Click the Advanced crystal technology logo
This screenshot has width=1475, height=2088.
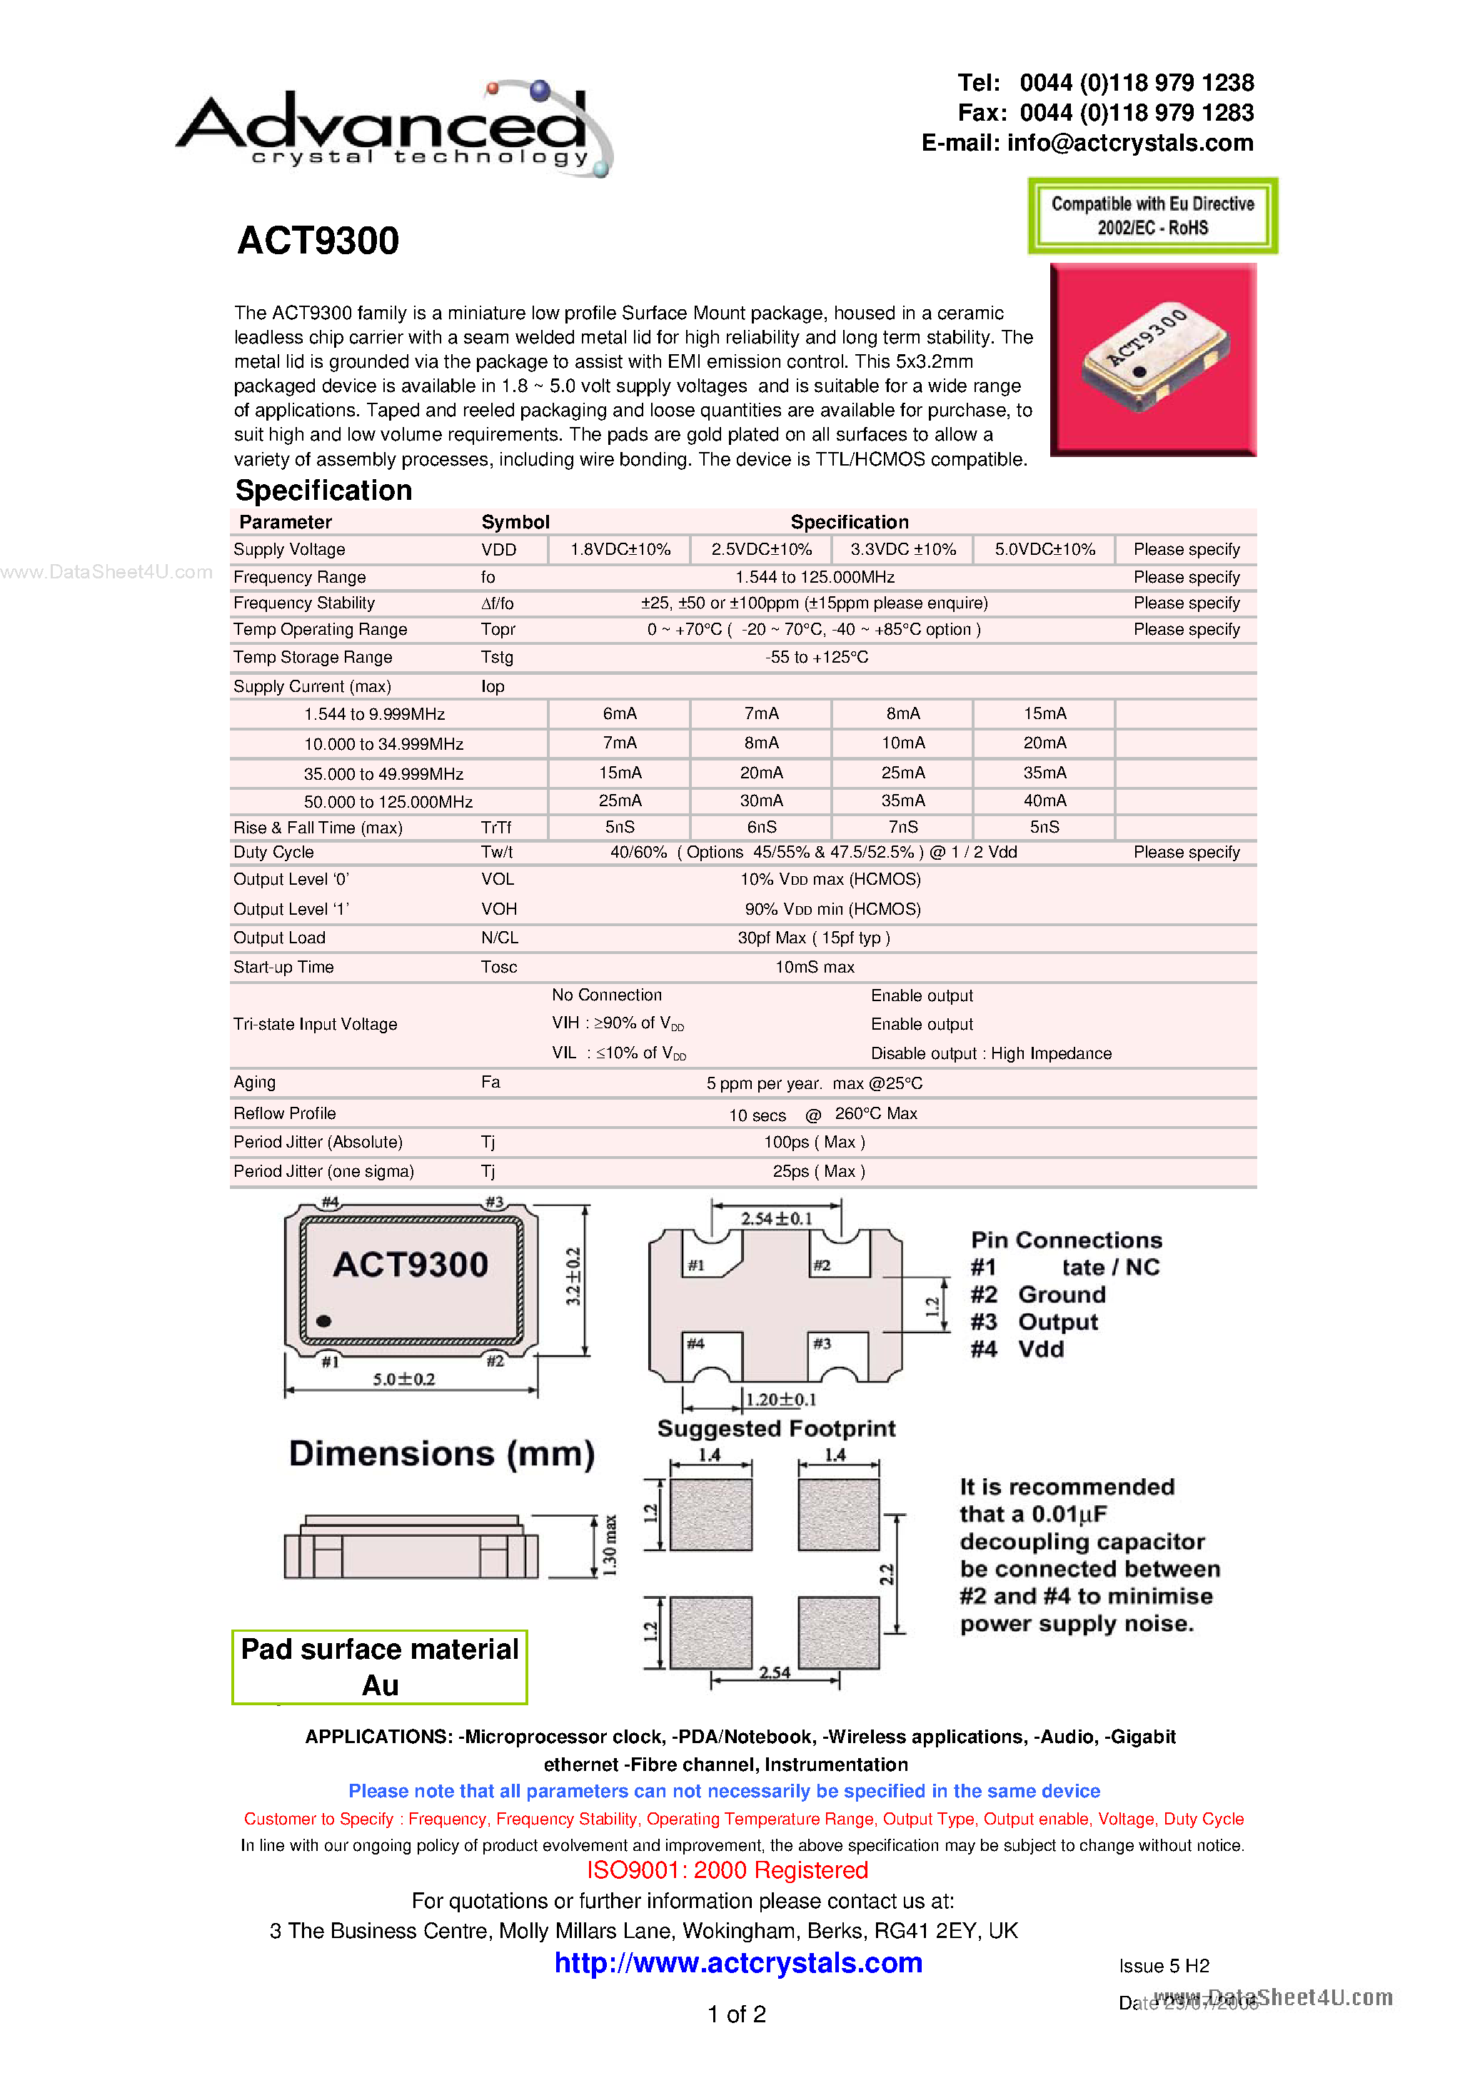[394, 130]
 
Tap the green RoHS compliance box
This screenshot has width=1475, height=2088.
[1152, 216]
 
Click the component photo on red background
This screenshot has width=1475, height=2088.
[1152, 359]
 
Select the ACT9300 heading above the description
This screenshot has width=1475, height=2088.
[318, 241]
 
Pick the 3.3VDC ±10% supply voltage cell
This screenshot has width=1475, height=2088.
[902, 549]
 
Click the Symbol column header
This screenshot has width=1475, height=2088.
[515, 522]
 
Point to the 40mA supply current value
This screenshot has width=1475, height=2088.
[1044, 800]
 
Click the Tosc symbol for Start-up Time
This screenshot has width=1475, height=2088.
[498, 967]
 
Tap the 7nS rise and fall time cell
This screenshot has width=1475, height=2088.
[902, 827]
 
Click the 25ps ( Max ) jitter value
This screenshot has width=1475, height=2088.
[817, 1171]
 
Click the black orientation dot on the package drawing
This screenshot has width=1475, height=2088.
[323, 1320]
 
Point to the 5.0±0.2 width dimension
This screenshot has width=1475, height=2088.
[404, 1379]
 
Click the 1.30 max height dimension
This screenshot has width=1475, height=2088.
[609, 1545]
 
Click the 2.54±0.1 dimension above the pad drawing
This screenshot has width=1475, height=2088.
[775, 1218]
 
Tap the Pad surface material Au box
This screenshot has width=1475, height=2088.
[379, 1666]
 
